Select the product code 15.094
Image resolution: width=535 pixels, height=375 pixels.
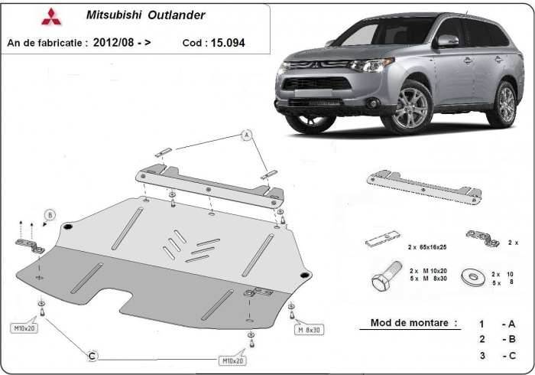225,43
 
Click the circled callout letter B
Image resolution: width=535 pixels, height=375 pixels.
50,214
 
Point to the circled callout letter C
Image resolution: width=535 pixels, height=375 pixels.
92,355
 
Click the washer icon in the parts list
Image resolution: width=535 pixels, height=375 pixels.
470,276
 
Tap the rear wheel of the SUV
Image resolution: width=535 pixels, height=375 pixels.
504,103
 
